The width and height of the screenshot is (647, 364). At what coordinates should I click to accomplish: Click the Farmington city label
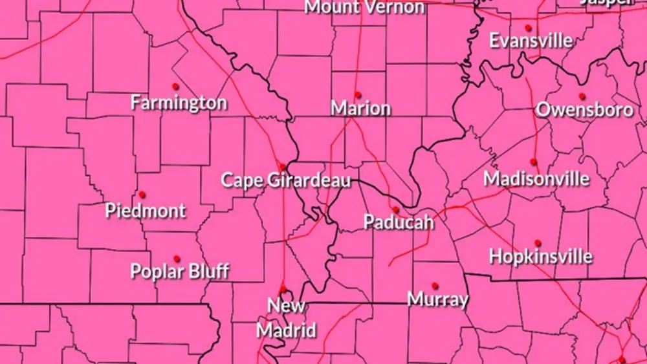179,102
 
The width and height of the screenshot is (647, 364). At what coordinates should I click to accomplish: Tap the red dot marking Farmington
175,86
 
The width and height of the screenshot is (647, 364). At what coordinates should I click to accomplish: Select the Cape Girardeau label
286,180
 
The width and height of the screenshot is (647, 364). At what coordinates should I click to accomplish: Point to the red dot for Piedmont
142,194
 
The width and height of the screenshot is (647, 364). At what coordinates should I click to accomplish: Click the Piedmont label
146,210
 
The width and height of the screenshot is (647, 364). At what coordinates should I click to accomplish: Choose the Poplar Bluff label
180,270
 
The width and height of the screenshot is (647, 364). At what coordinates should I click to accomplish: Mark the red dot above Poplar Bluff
177,258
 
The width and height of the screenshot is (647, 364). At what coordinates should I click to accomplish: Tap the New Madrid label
287,317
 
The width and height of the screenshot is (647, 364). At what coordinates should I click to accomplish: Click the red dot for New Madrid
282,289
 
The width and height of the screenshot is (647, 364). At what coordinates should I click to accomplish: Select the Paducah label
398,222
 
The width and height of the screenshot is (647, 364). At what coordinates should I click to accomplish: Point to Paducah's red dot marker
396,209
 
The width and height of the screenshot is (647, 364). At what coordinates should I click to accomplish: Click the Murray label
438,299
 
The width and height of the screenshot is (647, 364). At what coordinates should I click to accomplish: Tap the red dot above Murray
435,284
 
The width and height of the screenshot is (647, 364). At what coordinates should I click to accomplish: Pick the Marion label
360,108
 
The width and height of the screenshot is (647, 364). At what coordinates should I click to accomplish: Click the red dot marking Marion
357,95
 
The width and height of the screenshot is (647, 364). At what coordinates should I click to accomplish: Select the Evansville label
531,41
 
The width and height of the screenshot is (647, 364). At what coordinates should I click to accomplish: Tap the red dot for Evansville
528,27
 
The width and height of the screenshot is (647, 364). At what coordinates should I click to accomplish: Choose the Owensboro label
584,110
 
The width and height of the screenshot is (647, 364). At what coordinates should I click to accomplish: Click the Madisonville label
536,178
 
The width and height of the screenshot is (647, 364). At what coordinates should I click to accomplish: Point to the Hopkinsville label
540,256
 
